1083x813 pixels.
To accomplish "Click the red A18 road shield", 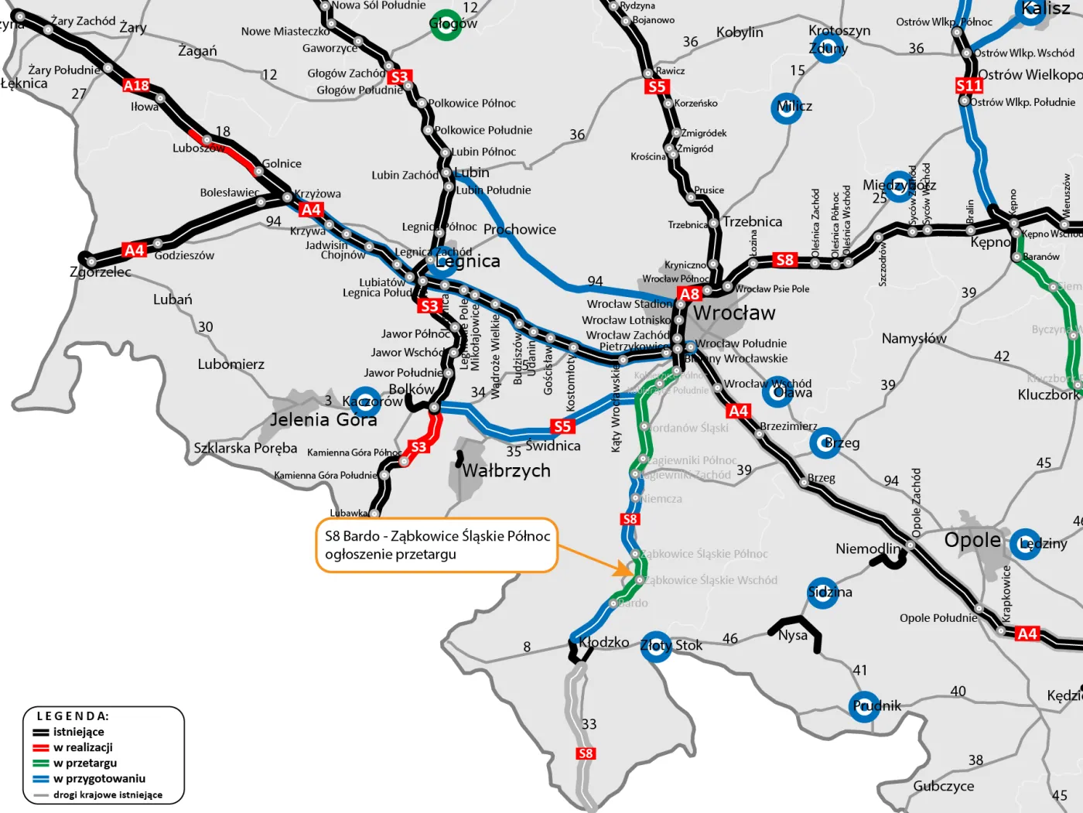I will coord(136,85).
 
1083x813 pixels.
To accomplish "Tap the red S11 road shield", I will coord(969,85).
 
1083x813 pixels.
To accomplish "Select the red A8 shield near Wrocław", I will coord(689,294).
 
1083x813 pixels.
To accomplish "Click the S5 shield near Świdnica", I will coord(562,426).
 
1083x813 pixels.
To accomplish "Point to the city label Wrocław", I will coord(734,313).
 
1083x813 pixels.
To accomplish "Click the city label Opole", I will coord(972,540).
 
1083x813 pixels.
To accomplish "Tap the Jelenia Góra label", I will coord(323,420).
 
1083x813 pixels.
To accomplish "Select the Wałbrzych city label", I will coord(507,470).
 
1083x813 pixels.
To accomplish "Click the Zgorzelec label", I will coord(101,272).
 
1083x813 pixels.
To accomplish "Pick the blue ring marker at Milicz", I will coord(787,108).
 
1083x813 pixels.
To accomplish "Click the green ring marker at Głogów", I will coord(446,24).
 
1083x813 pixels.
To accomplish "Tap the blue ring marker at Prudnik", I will coord(864,706).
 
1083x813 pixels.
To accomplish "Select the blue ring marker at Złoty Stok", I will coord(656,646).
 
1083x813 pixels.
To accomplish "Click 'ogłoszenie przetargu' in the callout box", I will coord(391,555).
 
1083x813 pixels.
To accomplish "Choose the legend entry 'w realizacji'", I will coord(83,747).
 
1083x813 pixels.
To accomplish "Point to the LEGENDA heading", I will coord(73,716).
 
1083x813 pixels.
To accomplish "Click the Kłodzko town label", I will coord(604,642).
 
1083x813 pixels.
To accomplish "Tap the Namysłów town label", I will coord(914,338).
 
